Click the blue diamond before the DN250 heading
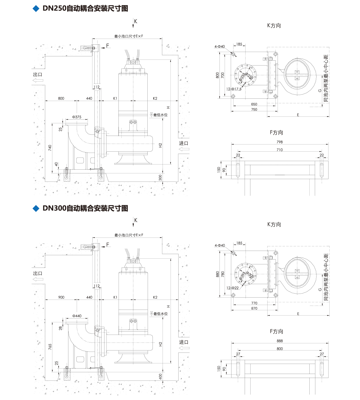pyautogui.click(x=36, y=9)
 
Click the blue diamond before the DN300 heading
pyautogui.click(x=36, y=208)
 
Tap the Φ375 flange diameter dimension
pyautogui.click(x=77, y=117)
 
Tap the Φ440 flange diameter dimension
pyautogui.click(x=77, y=316)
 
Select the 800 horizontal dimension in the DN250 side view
pyautogui.click(x=61, y=98)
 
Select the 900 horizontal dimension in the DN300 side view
pyautogui.click(x=61, y=297)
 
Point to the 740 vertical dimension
pyautogui.click(x=50, y=148)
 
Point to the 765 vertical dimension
pyautogui.click(x=50, y=346)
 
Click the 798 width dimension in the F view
pyautogui.click(x=280, y=142)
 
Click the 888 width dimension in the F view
pyautogui.click(x=280, y=341)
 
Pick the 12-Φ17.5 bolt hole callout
pyautogui.click(x=234, y=89)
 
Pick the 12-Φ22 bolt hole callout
pyautogui.click(x=232, y=288)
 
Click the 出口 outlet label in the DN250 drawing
pyautogui.click(x=38, y=74)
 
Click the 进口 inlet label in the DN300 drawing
pyautogui.click(x=184, y=342)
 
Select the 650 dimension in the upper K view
pyautogui.click(x=254, y=104)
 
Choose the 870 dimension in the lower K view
pyautogui.click(x=254, y=308)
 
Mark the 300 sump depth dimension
pyautogui.click(x=160, y=177)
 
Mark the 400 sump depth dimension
pyautogui.click(x=160, y=376)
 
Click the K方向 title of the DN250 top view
pyautogui.click(x=274, y=25)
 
